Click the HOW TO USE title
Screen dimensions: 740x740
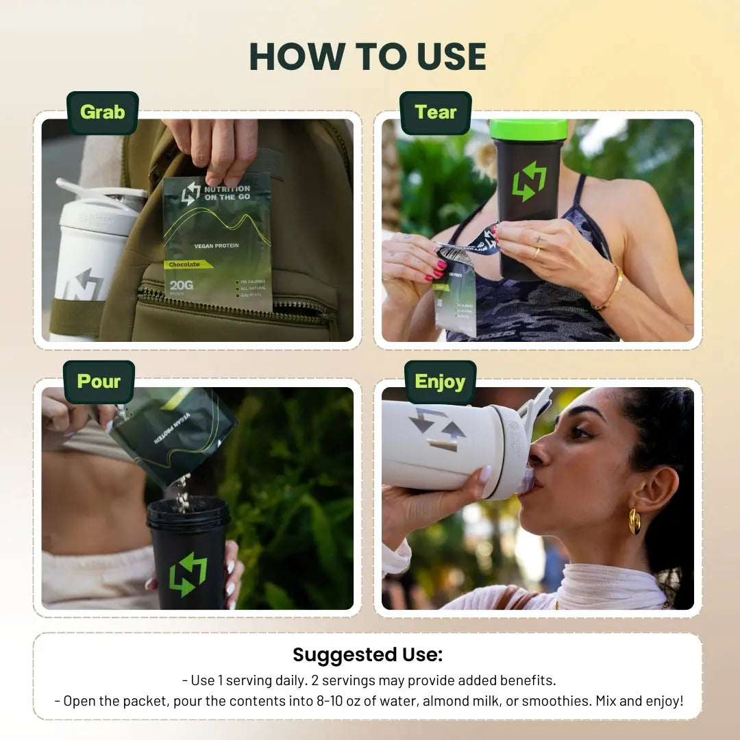click(x=368, y=56)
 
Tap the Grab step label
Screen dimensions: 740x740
click(x=103, y=112)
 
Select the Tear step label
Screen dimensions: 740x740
click(x=436, y=112)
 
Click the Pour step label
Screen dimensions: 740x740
click(x=99, y=382)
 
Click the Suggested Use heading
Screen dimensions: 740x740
click(x=368, y=654)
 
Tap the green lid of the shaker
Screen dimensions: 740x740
click(x=528, y=129)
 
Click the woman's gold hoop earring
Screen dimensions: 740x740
click(x=634, y=521)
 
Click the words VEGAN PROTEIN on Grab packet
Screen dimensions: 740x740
click(x=217, y=246)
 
